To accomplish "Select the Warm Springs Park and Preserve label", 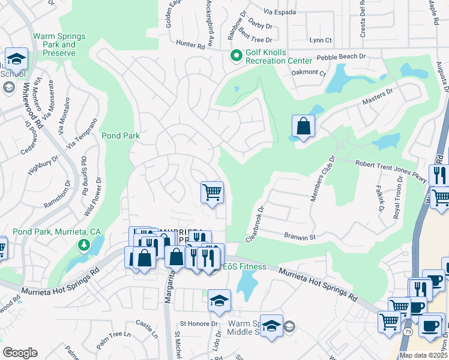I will [x=59, y=44].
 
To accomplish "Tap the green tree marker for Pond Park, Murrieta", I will [x=84, y=245].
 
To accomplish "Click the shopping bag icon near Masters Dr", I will [x=303, y=127].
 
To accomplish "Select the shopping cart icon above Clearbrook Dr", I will [x=212, y=193].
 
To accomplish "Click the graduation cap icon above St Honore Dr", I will [x=219, y=301].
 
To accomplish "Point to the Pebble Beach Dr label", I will [x=341, y=56].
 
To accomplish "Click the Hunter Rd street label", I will [x=191, y=44].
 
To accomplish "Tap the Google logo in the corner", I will [x=20, y=352].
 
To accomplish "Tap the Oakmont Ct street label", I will [x=308, y=74].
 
